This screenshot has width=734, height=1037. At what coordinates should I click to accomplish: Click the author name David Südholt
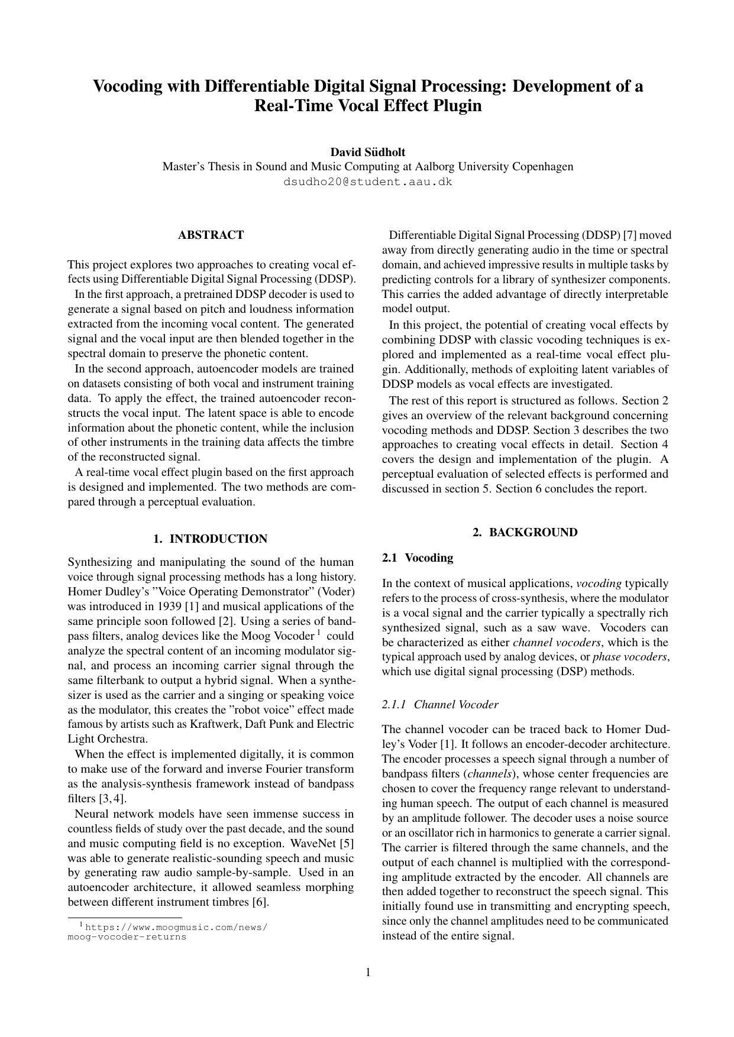pyautogui.click(x=367, y=152)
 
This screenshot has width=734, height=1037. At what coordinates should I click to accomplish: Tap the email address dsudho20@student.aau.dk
pyautogui.click(x=367, y=182)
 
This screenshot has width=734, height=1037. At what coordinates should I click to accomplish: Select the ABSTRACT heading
pyautogui.click(x=211, y=235)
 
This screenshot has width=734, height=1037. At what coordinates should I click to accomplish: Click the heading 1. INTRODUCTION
pyautogui.click(x=211, y=539)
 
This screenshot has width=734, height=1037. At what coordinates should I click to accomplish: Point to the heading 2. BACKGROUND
pyautogui.click(x=525, y=532)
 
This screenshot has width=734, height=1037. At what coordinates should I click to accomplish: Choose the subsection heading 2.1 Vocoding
pyautogui.click(x=418, y=558)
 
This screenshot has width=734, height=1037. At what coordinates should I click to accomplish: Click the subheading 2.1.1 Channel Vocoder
pyautogui.click(x=440, y=704)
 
